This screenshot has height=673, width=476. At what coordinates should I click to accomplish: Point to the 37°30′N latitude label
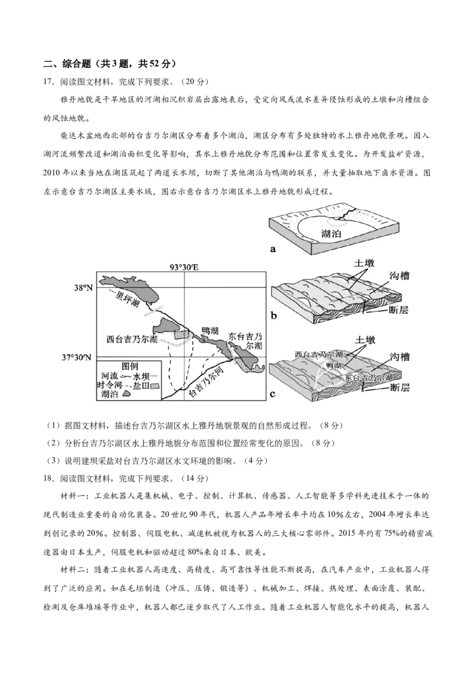pyautogui.click(x=77, y=357)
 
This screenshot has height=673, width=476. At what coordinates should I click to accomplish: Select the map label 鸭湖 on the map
pyautogui.click(x=210, y=331)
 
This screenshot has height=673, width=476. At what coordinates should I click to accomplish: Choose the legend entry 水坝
pyautogui.click(x=140, y=376)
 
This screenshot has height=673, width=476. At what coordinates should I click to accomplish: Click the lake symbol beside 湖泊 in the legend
pyautogui.click(x=126, y=393)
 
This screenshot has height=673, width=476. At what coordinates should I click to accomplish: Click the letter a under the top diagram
pyautogui.click(x=273, y=250)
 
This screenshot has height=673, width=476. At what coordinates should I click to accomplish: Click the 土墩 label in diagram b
pyautogui.click(x=364, y=262)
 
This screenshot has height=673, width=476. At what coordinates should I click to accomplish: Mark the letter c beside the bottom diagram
pyautogui.click(x=273, y=394)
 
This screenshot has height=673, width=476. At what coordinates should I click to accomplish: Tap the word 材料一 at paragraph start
pyautogui.click(x=74, y=495)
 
